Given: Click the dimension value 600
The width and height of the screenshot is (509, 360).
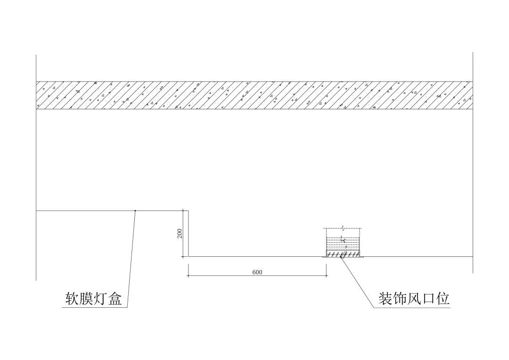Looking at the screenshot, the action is point(257,272).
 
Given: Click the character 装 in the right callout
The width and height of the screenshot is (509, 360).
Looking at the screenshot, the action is point(386,298).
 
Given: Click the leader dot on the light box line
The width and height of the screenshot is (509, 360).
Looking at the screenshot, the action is point(135,210).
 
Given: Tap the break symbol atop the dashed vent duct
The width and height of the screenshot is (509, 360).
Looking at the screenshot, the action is point(344,228).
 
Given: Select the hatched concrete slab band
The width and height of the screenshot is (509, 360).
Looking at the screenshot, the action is point(254,95).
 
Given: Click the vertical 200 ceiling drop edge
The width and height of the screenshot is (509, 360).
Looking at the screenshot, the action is point(189,233).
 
